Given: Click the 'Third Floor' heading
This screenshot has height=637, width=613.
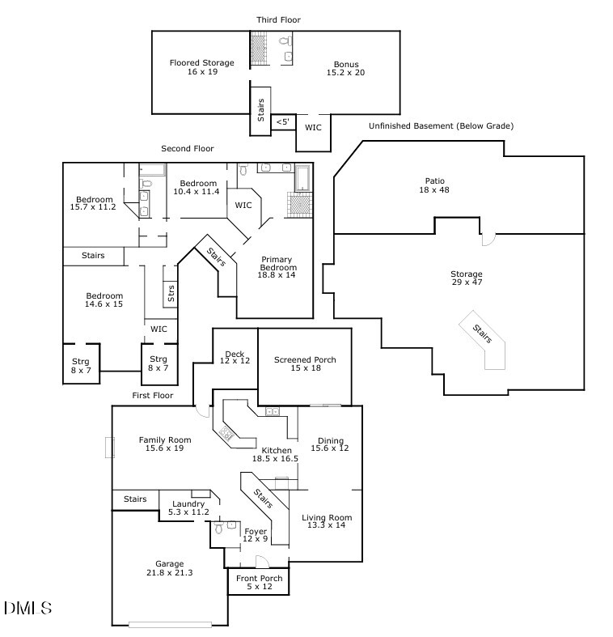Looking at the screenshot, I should coord(278,19).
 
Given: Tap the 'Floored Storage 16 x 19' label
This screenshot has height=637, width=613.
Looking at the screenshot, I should coord(201,67).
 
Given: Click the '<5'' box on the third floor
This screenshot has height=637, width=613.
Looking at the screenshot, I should coord(283,121).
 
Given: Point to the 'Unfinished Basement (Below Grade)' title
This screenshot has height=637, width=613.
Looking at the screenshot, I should coord(441,126).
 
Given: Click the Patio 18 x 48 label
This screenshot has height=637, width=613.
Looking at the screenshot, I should coord(434,185).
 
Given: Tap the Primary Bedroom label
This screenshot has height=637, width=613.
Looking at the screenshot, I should coord(277,267).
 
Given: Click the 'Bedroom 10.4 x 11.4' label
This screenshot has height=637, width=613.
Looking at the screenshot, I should coord(198,187).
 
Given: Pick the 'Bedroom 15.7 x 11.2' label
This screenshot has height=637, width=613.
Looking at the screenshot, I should coord(93,203).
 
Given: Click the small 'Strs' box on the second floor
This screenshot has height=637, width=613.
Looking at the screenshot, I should coord(171,293).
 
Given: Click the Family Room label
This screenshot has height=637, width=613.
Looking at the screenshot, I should coord(164,444).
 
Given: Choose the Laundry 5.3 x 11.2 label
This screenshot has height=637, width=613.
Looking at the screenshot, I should coord(188,507).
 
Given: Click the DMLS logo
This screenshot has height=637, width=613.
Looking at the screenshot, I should coord(28,608).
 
